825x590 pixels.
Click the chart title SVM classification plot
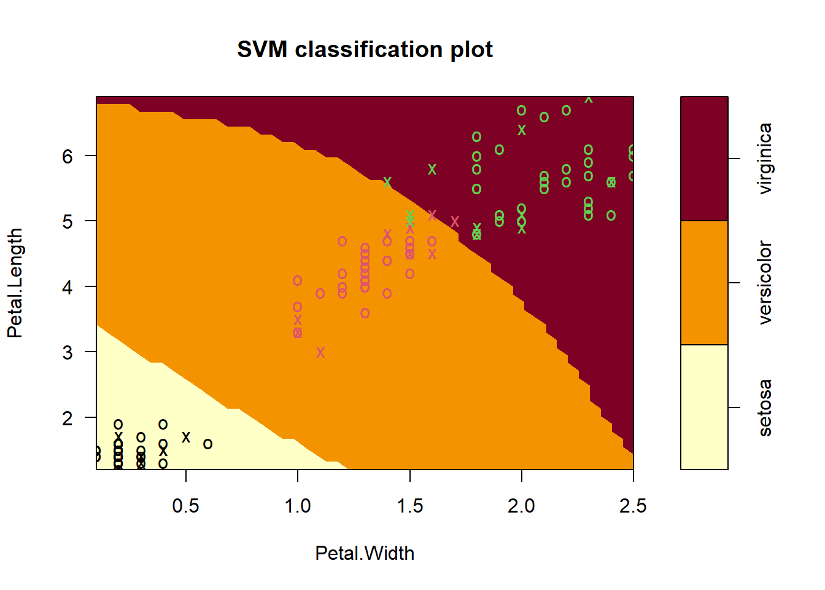(365, 50)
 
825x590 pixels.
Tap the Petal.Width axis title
(365, 553)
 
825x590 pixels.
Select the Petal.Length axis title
(15, 283)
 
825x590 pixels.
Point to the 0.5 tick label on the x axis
(185, 506)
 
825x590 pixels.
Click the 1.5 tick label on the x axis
(409, 506)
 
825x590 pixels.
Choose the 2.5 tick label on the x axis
(633, 506)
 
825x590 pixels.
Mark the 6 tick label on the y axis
(68, 156)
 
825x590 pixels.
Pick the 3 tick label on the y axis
(68, 353)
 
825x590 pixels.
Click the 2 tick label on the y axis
(68, 418)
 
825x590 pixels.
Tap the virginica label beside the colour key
(765, 159)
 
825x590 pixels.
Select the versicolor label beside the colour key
(765, 283)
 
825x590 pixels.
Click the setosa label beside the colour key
(765, 407)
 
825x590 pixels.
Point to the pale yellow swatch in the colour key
(704, 407)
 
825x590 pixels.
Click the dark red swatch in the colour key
(704, 159)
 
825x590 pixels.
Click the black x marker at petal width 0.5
(186, 437)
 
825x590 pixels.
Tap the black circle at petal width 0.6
(208, 444)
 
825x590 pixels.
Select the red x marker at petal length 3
(320, 352)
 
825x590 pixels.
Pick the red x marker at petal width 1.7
(455, 221)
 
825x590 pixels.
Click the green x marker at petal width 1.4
(387, 183)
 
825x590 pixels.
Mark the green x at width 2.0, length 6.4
(522, 130)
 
